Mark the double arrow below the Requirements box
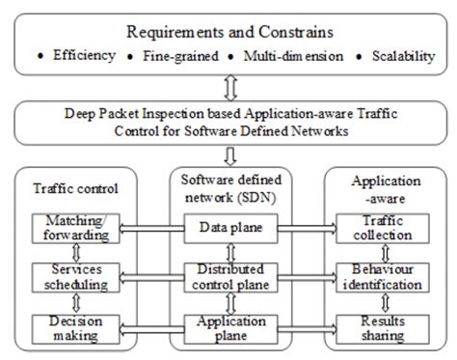tap(228, 88)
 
